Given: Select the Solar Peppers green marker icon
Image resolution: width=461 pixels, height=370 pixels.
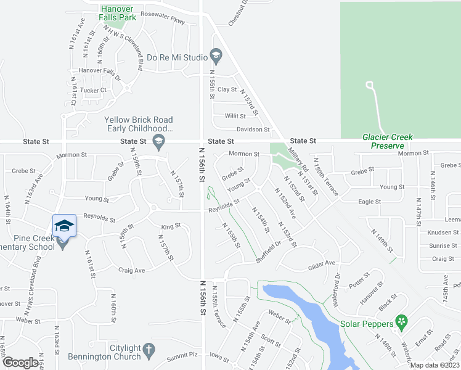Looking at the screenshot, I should (402, 321).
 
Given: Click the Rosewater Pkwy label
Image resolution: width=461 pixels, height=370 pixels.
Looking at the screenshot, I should (163, 22).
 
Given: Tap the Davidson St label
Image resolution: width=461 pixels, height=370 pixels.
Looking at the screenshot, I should (253, 129).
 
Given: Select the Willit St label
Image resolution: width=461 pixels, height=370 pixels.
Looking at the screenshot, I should (235, 116).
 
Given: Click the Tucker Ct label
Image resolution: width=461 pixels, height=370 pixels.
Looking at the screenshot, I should (94, 90).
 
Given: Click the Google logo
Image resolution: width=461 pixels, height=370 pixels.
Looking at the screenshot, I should (20, 363).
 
